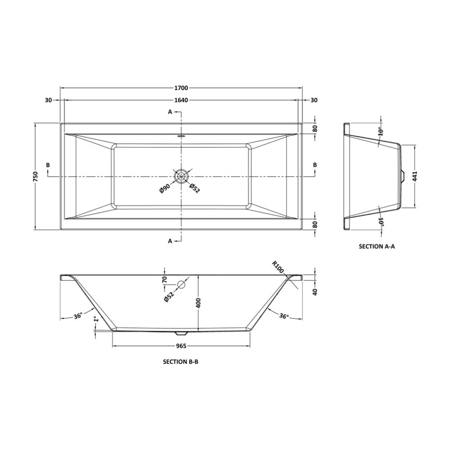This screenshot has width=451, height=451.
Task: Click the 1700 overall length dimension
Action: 181,88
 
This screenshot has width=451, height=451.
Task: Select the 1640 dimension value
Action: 181,100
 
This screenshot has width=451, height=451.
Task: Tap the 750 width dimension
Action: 36,176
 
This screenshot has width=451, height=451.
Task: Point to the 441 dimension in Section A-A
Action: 415,176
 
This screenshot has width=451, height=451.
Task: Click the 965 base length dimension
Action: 181,346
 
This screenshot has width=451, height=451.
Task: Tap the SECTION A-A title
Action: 377,246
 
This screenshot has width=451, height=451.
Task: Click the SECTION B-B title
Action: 181,362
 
